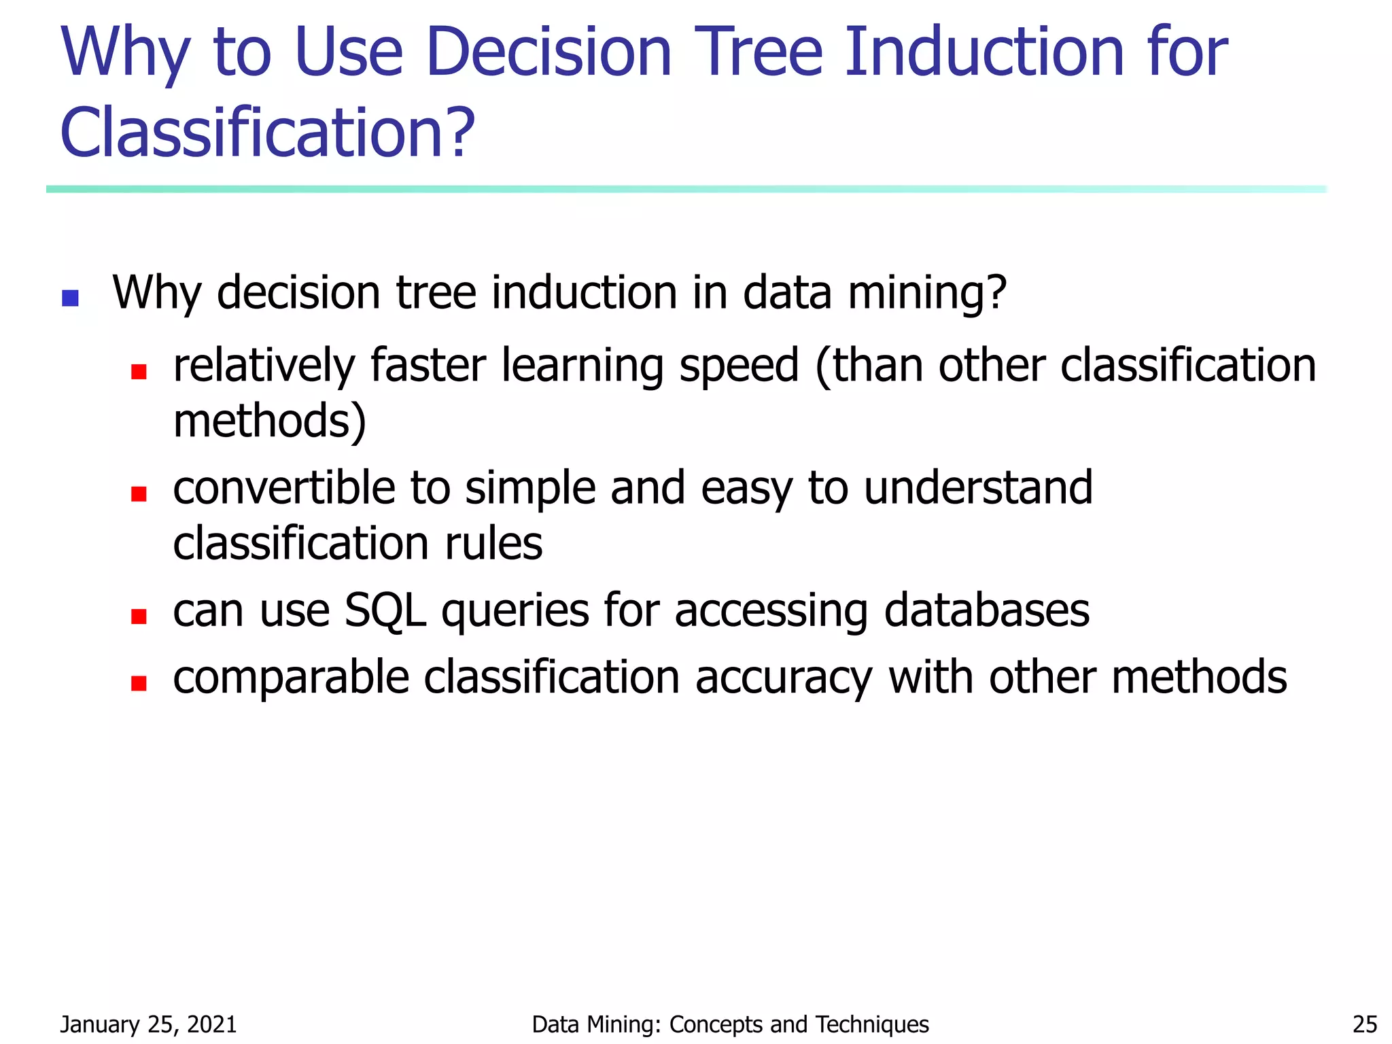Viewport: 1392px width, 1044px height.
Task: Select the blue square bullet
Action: click(70, 298)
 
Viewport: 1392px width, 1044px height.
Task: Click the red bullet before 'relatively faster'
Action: click(139, 372)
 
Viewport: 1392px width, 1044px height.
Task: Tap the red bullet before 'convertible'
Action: click(139, 494)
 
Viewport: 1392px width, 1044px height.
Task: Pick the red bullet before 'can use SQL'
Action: click(139, 616)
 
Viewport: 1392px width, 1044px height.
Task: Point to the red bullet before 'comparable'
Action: click(139, 683)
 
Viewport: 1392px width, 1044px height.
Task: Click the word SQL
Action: click(385, 610)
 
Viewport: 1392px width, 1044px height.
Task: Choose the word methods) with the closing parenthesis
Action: click(270, 421)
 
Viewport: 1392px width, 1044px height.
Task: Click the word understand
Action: click(978, 488)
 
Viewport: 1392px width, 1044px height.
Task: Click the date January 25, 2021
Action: click(148, 1024)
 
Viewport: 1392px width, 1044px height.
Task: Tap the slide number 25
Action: click(1365, 1024)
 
